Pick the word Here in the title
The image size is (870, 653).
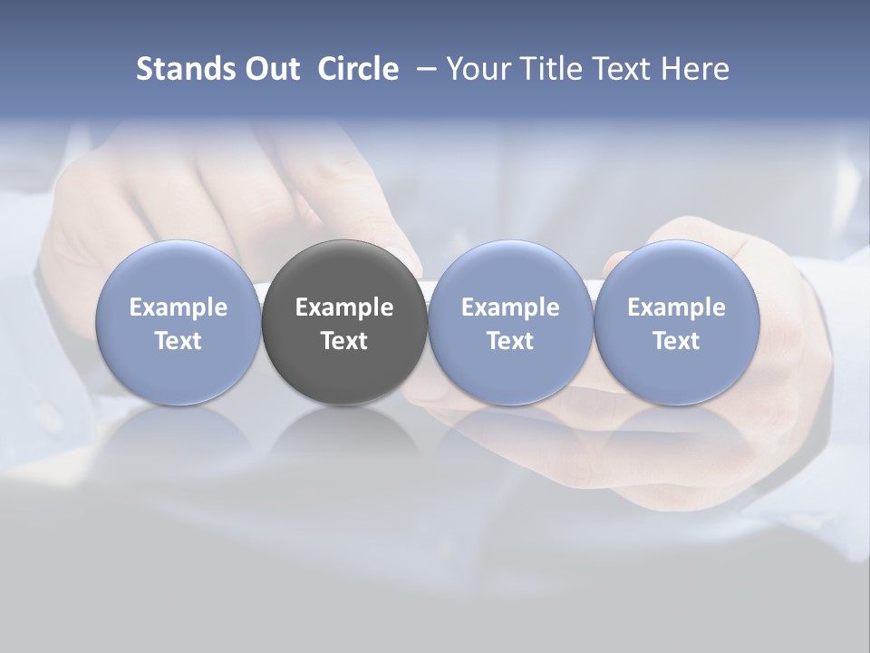click(x=695, y=69)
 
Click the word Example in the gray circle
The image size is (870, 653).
click(x=344, y=307)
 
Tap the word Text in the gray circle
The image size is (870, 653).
click(x=344, y=341)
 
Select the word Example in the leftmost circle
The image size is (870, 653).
click(x=178, y=307)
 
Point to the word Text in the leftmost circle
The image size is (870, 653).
click(x=178, y=341)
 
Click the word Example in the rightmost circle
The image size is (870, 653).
click(x=676, y=307)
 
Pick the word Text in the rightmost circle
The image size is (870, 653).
click(x=676, y=341)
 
